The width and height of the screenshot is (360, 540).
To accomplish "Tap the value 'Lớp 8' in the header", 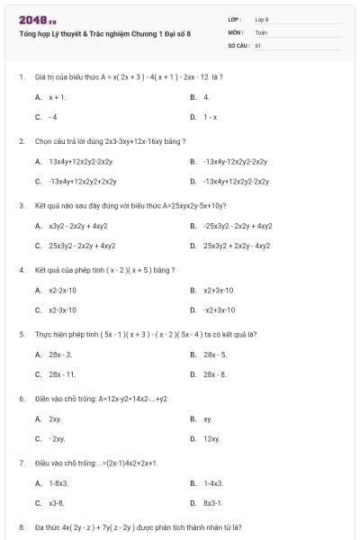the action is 262,18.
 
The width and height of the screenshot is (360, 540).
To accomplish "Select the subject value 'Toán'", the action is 261,31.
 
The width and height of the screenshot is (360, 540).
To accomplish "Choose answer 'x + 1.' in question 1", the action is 58,96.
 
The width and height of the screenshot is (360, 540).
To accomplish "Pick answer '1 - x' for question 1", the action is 210,117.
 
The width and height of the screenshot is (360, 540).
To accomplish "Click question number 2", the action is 21,141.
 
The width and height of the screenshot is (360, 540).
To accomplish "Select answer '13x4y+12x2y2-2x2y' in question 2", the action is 81,161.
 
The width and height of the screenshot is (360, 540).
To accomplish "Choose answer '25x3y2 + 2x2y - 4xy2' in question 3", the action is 237,246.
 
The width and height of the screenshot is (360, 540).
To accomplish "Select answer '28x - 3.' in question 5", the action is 61,355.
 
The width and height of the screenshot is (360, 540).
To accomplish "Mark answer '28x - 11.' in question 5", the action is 63,374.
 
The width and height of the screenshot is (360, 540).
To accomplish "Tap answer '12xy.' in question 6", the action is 211,439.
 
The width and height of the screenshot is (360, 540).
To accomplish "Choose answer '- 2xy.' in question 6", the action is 58,439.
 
